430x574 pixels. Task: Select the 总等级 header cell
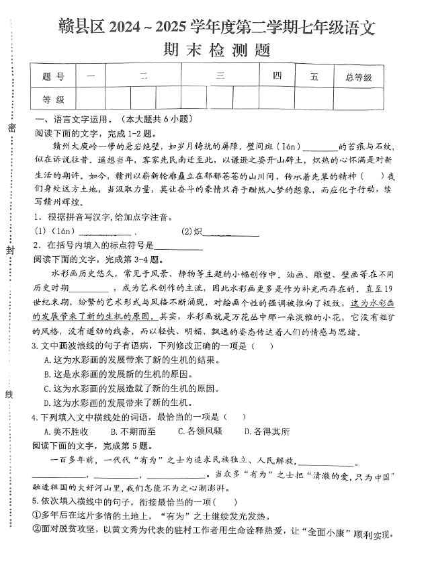click(358, 77)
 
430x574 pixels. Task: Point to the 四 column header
click(277, 77)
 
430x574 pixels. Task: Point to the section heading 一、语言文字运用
click(73, 119)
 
